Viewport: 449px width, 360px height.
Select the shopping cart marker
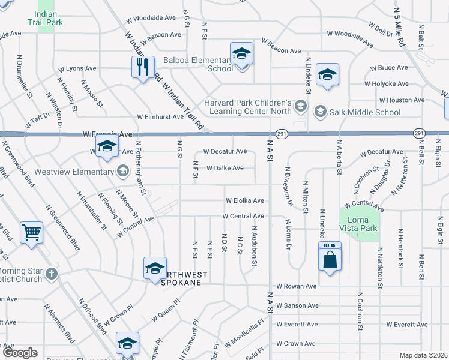[31, 232]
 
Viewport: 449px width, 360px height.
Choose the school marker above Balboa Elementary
[241, 54]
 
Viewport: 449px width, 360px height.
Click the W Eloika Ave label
[244, 200]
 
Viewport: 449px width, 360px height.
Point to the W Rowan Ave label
[296, 286]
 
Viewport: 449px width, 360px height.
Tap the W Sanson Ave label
[297, 305]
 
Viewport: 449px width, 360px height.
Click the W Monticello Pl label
[244, 335]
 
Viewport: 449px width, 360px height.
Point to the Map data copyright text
[424, 355]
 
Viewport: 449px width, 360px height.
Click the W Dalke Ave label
[224, 168]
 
